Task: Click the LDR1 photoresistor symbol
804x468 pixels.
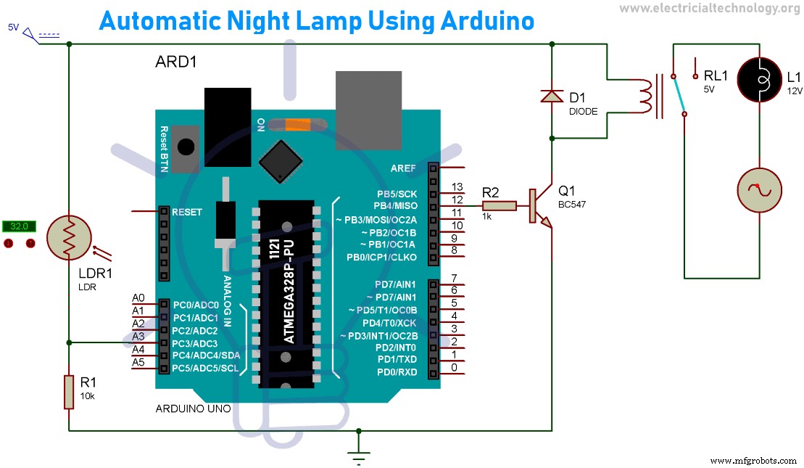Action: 69,235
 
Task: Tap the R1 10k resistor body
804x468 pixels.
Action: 69,391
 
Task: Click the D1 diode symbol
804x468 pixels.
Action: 552,96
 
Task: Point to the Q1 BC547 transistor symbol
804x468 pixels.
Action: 539,206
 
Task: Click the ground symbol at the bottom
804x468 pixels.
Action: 357,455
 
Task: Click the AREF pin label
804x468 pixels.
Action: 402,168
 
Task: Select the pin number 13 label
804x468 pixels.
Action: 457,187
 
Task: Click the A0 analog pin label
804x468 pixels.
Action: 139,298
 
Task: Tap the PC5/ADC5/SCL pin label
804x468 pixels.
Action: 205,369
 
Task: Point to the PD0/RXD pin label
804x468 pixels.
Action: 397,373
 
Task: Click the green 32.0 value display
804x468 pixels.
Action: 20,226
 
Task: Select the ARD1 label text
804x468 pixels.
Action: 176,62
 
